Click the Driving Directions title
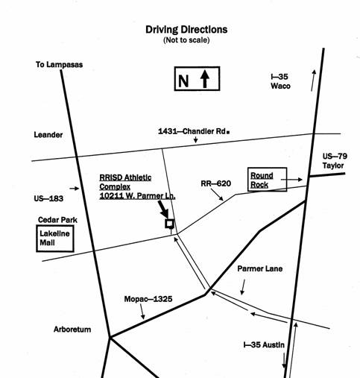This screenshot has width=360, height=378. pos(186,30)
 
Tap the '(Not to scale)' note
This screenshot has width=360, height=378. pos(186,40)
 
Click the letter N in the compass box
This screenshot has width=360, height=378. pos(183,81)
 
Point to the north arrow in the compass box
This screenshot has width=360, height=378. pos(205,78)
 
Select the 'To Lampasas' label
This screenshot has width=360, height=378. pos(59,65)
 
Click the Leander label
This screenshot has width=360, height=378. pos(48,135)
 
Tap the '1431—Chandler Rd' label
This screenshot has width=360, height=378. pos(192,131)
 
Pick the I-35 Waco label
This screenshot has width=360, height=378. pos(280,81)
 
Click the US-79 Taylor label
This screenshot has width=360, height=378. pos(335,161)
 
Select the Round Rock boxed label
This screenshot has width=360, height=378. pos(268,180)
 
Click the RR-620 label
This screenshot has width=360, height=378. pos(216,183)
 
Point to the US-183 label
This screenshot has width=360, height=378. pos(48,198)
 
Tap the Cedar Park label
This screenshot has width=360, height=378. pos(57,220)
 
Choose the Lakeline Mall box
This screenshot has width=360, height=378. pos(55,239)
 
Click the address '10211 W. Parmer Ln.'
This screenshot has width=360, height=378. pos(137,196)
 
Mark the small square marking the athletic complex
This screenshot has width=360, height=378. pos(170,224)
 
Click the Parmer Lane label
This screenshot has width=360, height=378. pos(260,268)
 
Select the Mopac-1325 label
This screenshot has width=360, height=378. pos(148,299)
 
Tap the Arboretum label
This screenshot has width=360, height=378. pos(72,330)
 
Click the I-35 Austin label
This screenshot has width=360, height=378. pos(264,345)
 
